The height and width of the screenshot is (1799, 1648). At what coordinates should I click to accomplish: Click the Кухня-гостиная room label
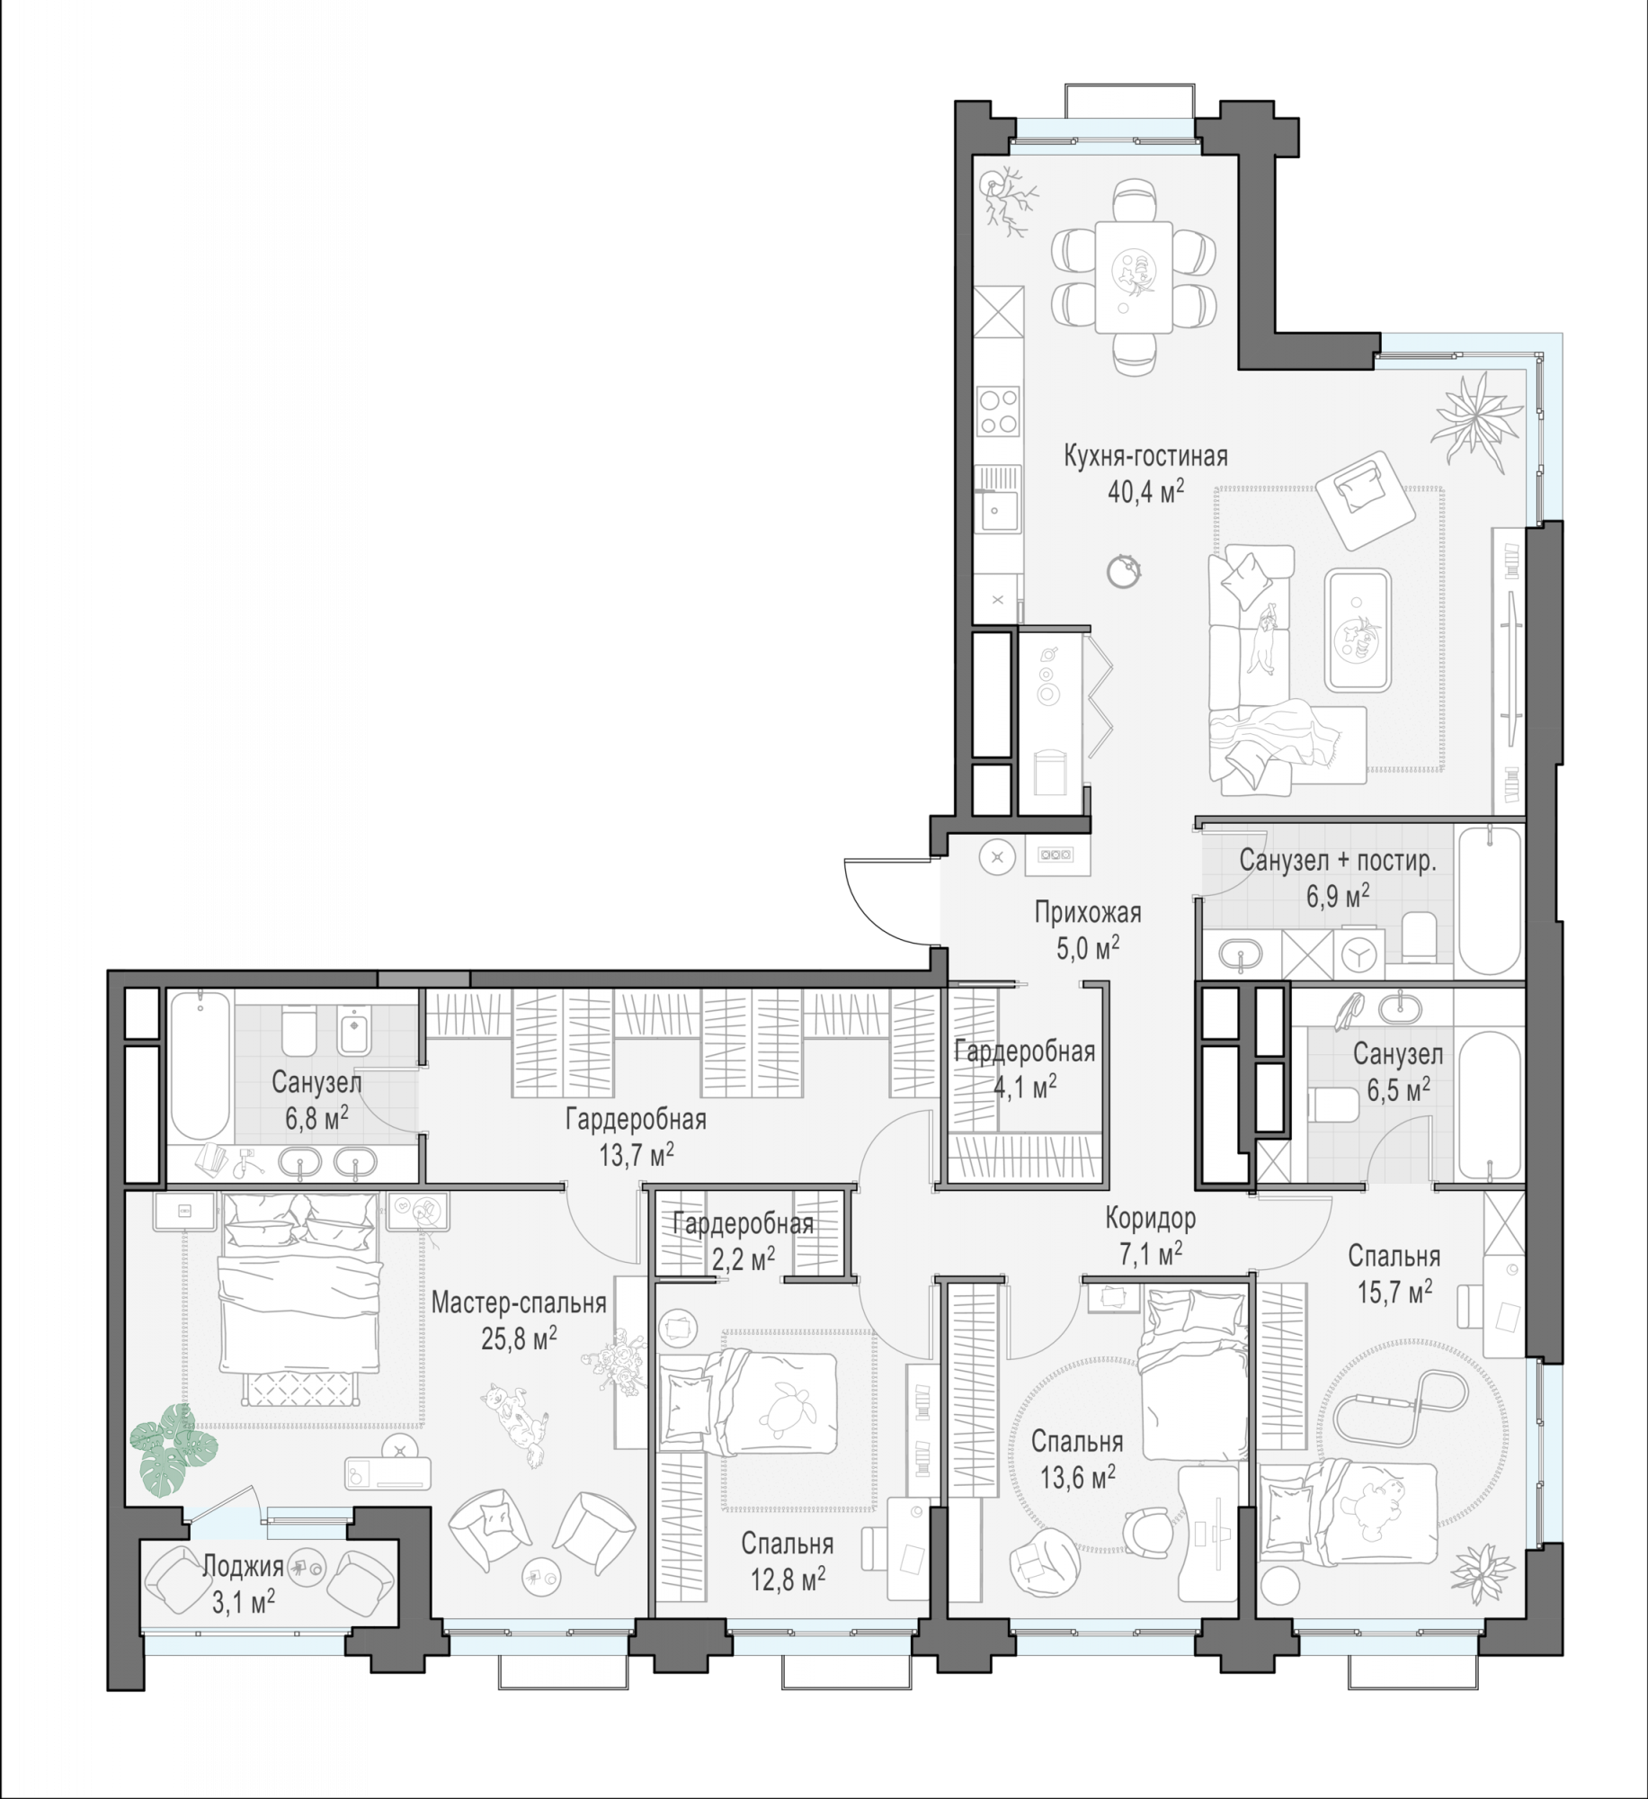tap(1145, 457)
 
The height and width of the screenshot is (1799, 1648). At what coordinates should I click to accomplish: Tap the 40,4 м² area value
tap(1145, 492)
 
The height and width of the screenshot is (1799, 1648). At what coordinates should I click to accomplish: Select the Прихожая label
tap(1087, 913)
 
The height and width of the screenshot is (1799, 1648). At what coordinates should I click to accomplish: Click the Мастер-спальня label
tap(519, 1302)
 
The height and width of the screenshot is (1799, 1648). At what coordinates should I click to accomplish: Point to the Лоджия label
tap(243, 1566)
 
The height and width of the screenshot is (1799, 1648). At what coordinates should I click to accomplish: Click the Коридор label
tap(1151, 1219)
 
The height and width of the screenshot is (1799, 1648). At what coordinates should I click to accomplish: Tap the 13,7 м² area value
tap(637, 1155)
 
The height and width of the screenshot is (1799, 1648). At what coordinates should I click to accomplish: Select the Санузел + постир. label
tap(1338, 860)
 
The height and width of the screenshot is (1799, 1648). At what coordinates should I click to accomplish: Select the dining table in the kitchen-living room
tap(1133, 277)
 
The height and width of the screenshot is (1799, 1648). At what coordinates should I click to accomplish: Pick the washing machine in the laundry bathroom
tap(1358, 953)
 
